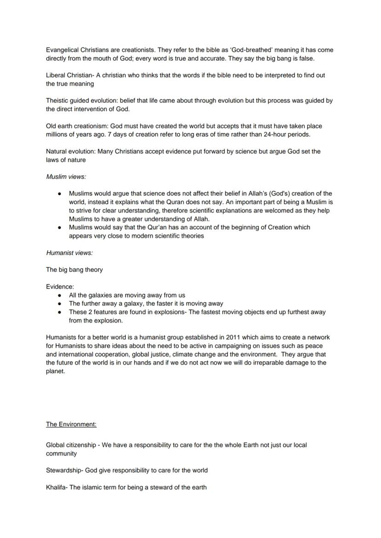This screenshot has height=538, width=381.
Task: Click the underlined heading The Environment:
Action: click(71, 424)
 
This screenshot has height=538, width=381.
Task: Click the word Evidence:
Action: click(60, 286)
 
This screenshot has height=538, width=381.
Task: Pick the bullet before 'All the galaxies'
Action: click(60, 295)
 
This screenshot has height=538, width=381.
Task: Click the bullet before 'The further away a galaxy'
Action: click(60, 304)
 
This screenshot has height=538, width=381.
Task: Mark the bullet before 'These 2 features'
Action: click(60, 312)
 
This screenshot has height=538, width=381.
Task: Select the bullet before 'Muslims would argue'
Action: click(60, 194)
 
